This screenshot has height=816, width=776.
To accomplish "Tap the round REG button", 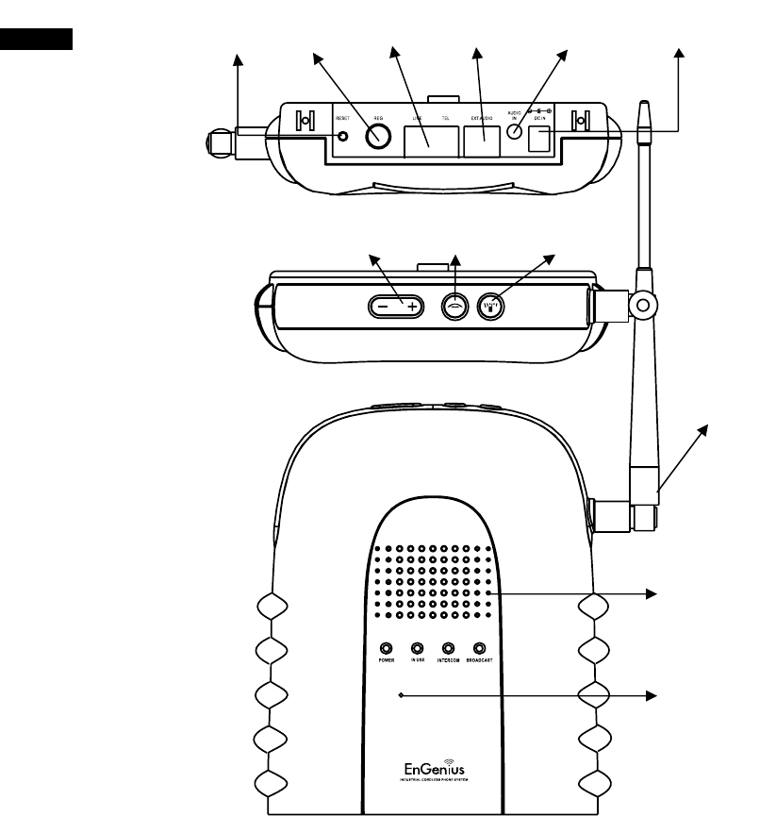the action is pos(378,137).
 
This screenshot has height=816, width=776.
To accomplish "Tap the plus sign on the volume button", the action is pos(412,308).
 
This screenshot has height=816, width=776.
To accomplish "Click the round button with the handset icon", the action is pos(454,308).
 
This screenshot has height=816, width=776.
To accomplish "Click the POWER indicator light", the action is pos(387,648).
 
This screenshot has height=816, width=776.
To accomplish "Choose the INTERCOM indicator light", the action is pos(449,648).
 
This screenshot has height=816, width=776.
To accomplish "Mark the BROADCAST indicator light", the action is pos(480,648).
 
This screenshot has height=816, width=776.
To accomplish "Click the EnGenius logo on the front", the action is pos(433,764).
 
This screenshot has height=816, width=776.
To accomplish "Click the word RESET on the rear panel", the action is pos(342,119).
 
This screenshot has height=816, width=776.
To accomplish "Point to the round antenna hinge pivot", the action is pos(644,304).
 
